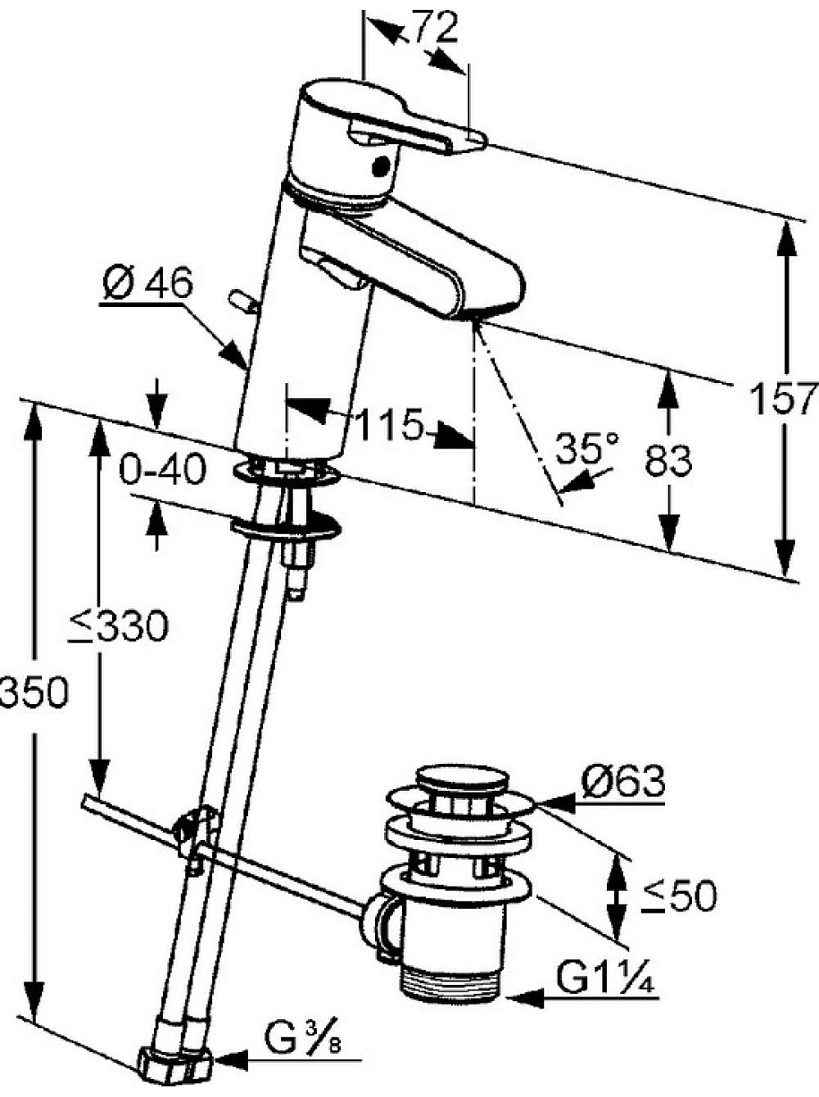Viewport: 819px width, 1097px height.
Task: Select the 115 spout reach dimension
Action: [390, 424]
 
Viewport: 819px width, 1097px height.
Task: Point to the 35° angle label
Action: [587, 448]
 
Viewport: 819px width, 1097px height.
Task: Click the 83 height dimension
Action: [668, 460]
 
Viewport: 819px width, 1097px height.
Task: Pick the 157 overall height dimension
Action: [784, 398]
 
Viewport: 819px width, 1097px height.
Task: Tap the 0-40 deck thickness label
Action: [162, 469]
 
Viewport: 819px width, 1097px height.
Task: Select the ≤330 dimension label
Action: [119, 625]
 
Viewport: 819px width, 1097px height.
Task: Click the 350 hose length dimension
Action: [33, 692]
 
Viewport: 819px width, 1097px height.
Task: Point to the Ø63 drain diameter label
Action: [623, 781]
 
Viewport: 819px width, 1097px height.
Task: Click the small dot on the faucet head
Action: [382, 165]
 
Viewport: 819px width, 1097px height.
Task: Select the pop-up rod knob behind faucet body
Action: [243, 302]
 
